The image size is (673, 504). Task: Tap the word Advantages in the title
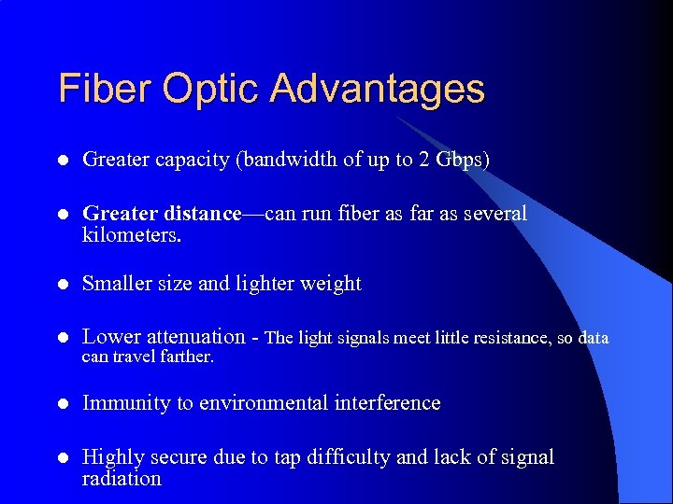(378, 90)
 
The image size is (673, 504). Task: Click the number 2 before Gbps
(424, 160)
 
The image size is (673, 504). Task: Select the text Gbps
(462, 160)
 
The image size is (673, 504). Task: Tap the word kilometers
(130, 234)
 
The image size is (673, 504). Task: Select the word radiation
(122, 479)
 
